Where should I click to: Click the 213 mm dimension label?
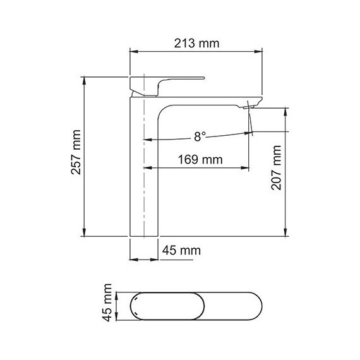click(x=196, y=44)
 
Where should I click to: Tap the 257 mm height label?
click(x=76, y=157)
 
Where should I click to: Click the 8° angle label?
click(x=200, y=136)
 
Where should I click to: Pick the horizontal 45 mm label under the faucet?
click(x=181, y=251)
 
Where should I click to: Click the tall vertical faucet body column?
click(x=143, y=177)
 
